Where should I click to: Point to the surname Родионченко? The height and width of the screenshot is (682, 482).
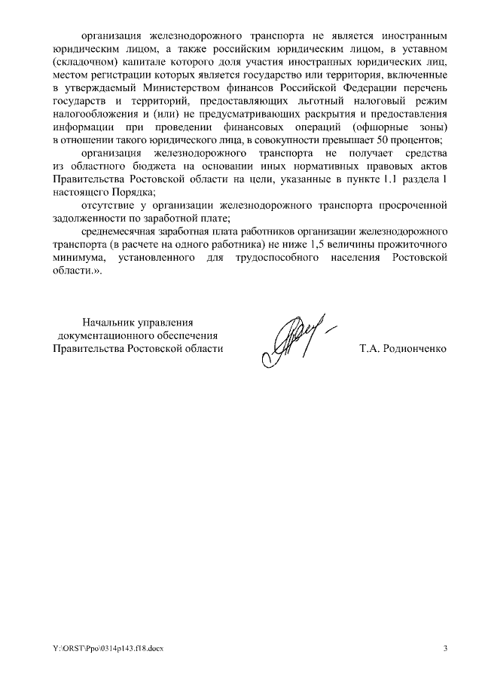[x=413, y=349]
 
